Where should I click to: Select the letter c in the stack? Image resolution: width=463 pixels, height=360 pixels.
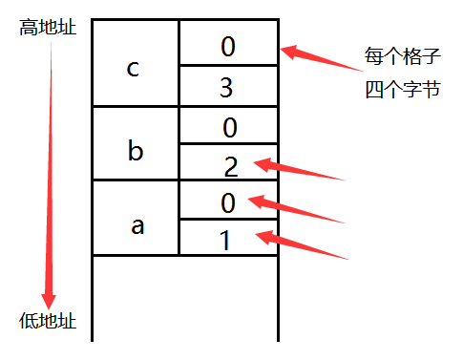134,69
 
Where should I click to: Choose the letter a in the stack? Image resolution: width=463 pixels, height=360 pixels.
137,225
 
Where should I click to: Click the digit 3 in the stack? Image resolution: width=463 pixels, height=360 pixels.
226,88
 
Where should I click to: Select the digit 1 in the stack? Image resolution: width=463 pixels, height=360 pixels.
225,241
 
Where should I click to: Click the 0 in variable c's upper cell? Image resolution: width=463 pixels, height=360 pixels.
227,46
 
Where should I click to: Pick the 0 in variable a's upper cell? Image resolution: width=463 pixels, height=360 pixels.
226,202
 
